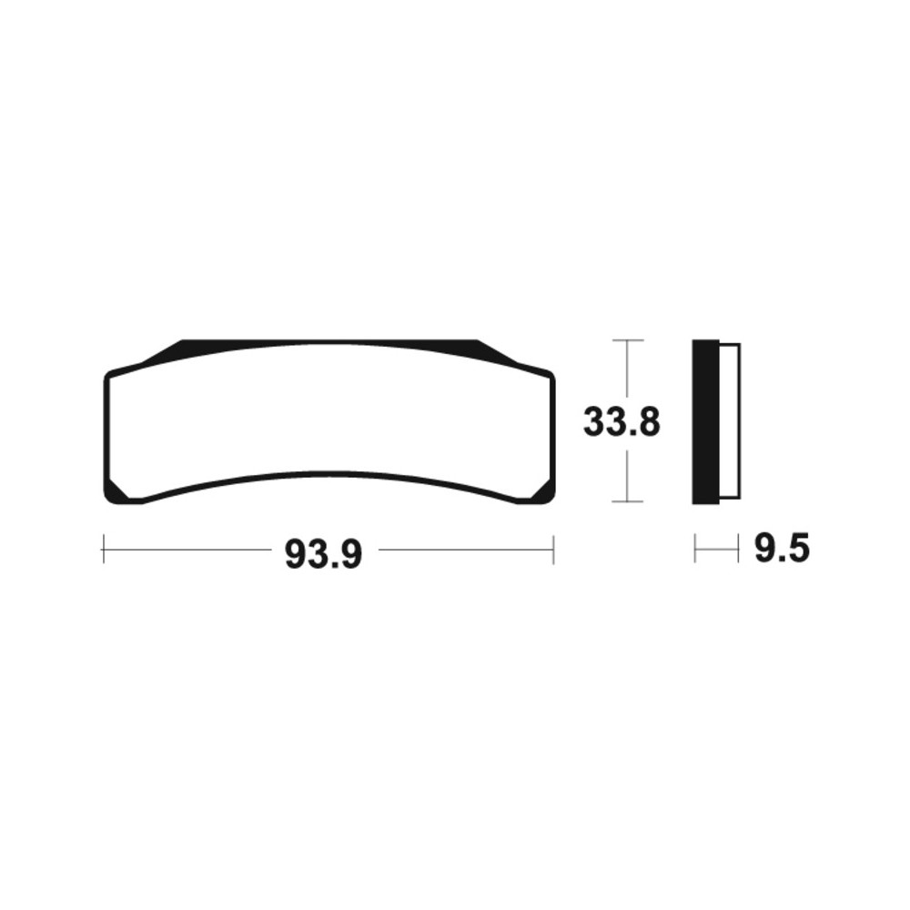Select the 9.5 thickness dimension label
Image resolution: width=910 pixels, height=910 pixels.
click(782, 548)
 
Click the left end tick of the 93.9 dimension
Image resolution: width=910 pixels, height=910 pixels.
click(104, 549)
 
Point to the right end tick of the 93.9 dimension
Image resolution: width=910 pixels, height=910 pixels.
click(553, 549)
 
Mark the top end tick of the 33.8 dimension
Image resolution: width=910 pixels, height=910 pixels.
click(627, 340)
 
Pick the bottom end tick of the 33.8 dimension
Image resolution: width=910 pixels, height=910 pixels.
click(627, 500)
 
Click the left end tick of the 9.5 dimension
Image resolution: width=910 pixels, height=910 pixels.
click(695, 548)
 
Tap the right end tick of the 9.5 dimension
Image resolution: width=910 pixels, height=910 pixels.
click(738, 548)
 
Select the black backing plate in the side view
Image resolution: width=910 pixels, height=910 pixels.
click(706, 422)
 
